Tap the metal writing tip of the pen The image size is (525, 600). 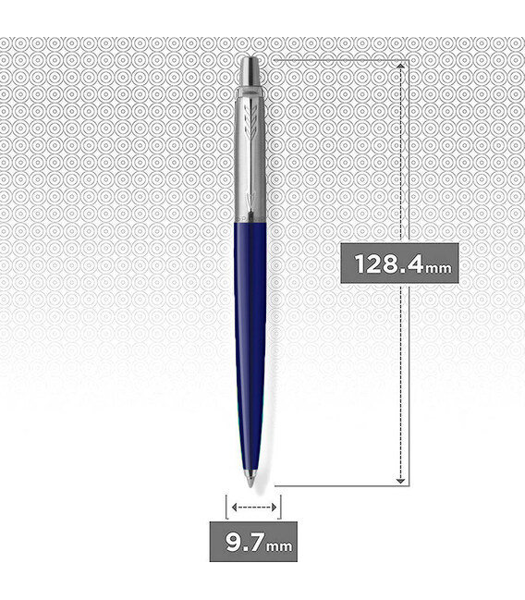(250, 478)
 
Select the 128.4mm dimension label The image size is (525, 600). (399, 263)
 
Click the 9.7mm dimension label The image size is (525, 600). (253, 542)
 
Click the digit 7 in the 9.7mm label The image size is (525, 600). (255, 542)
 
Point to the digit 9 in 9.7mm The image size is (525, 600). (234, 542)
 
